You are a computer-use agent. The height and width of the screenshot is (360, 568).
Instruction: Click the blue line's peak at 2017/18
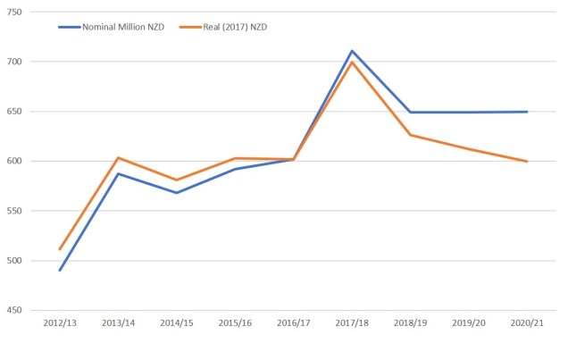(353, 51)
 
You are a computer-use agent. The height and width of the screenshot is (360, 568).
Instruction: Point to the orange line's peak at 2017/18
(353, 62)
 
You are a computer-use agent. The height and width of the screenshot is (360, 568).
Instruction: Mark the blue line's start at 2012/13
(60, 270)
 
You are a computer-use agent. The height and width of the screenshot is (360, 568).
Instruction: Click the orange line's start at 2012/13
(60, 249)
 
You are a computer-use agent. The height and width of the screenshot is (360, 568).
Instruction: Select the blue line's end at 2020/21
(528, 112)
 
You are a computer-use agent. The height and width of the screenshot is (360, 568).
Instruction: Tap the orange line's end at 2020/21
(528, 162)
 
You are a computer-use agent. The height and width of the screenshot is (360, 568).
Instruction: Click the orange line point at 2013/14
(119, 158)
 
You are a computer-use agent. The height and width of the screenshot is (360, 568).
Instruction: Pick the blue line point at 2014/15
(177, 193)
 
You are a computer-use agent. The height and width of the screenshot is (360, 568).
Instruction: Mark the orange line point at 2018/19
(411, 135)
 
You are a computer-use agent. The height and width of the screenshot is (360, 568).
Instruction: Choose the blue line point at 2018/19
(411, 113)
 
